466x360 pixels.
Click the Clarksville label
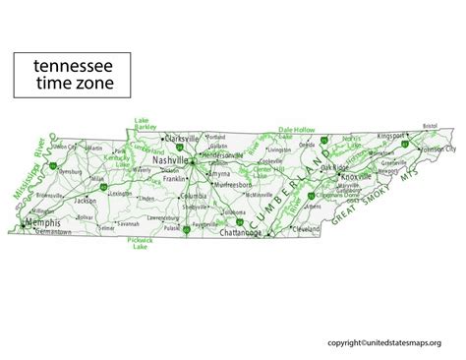point(183,138)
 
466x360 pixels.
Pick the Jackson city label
point(86,200)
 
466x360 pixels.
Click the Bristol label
point(430,126)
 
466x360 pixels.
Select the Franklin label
point(174,179)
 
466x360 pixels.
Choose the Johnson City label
point(437,149)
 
